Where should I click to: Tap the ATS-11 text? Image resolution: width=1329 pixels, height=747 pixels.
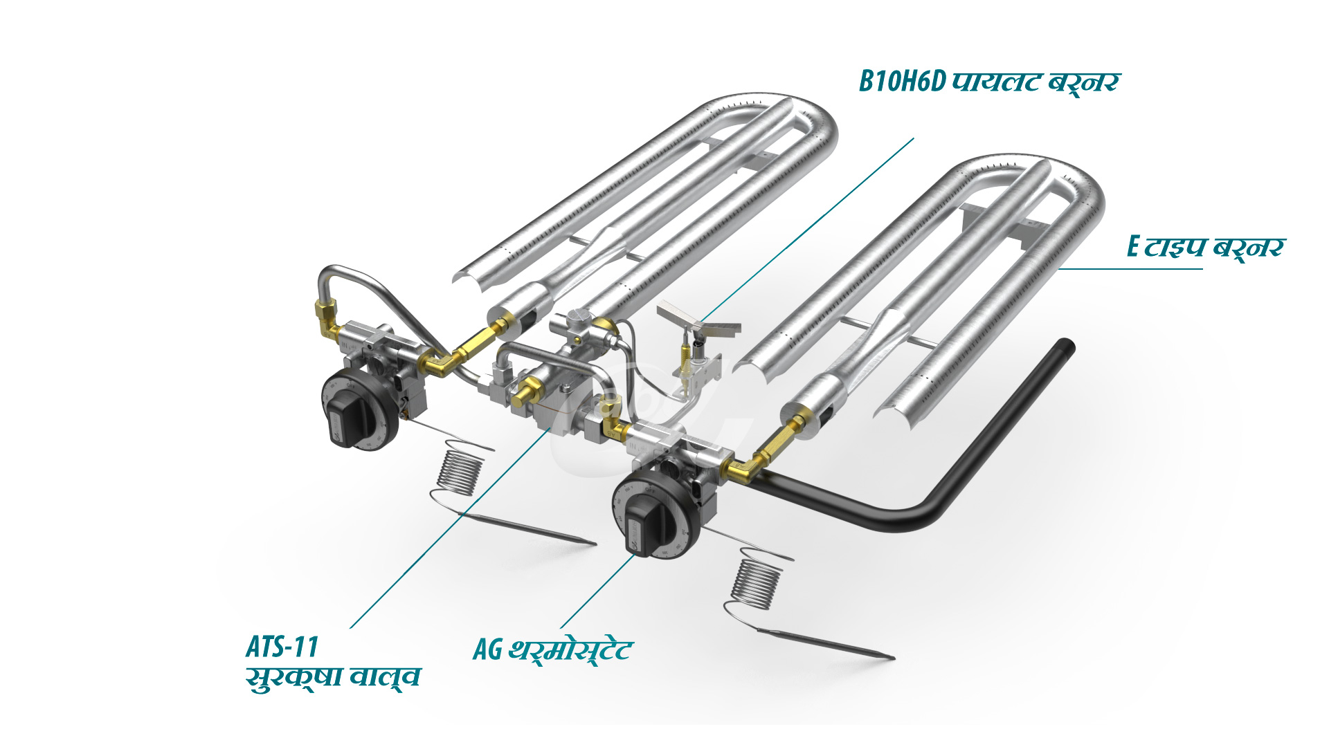[282, 647]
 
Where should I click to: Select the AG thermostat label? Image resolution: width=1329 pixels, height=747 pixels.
[552, 650]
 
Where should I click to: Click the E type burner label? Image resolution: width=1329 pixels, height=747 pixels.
[1205, 247]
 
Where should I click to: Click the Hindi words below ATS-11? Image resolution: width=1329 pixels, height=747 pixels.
[333, 678]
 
